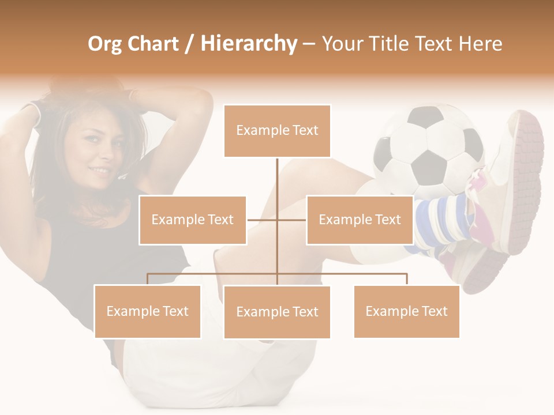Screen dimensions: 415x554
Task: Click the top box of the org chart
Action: point(277,131)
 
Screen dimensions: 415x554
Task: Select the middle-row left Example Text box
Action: point(193,220)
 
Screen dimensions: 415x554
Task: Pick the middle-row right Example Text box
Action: point(360,220)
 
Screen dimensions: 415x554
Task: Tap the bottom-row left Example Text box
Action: point(147,311)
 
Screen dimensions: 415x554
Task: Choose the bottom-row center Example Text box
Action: point(277,312)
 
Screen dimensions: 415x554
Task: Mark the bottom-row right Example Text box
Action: point(406,311)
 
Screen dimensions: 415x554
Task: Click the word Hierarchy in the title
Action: point(249,44)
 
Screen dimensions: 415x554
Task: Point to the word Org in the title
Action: point(104,44)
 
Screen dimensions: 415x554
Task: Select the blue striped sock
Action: point(441,222)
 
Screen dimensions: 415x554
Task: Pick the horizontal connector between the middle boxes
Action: point(277,220)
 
